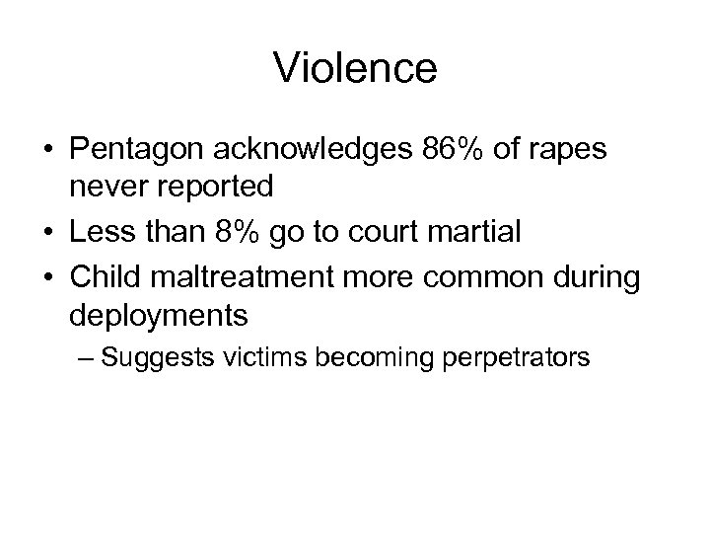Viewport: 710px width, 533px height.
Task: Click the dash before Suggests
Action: point(83,355)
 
